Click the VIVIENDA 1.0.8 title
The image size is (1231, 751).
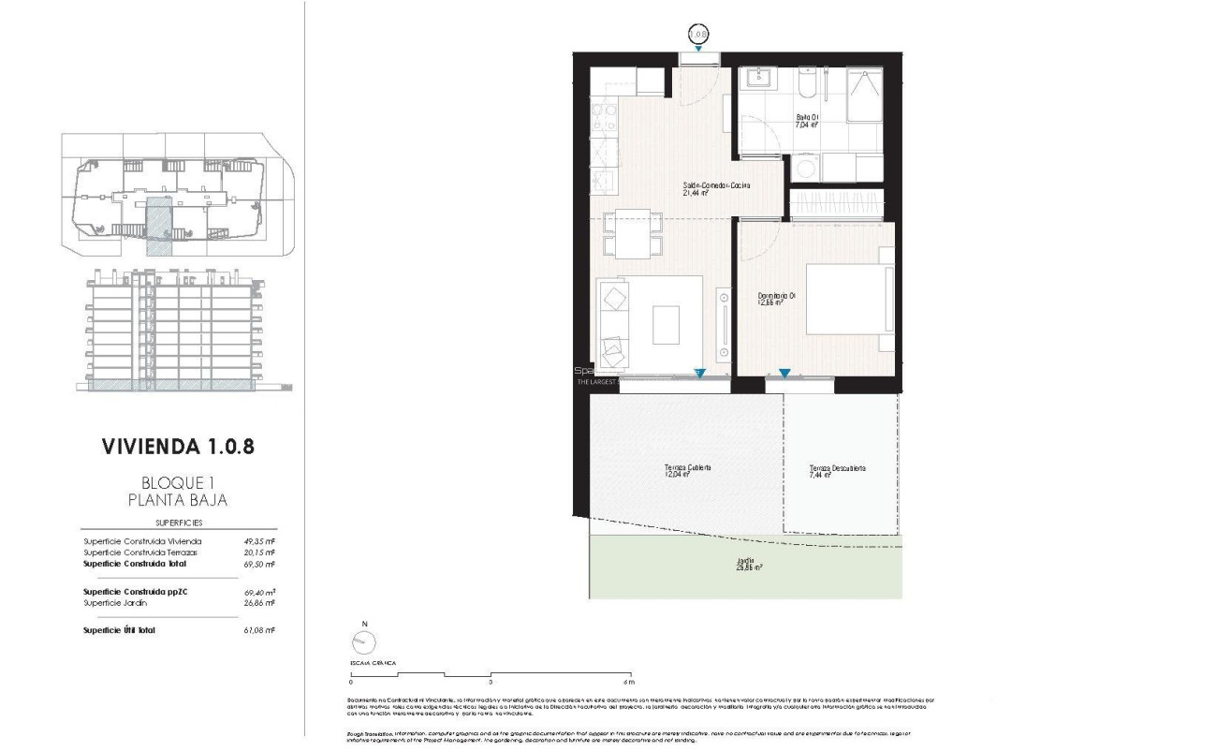tap(178, 446)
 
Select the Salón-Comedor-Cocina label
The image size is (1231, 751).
tap(716, 189)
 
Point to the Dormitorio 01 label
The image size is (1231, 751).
tap(776, 300)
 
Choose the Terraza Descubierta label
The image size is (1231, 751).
tap(837, 472)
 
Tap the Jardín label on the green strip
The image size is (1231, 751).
tap(745, 565)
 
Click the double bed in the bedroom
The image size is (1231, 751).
tap(844, 300)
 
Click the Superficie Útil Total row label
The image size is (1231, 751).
tap(119, 630)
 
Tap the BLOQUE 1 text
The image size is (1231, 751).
tap(178, 482)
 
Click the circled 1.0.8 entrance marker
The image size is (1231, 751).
tap(698, 34)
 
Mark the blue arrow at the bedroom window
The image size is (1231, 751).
tap(784, 374)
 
